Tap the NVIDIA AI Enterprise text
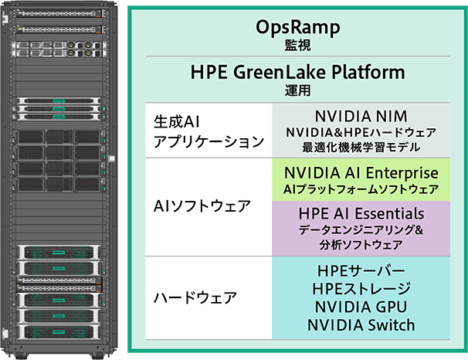coord(361,171)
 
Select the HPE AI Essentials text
coord(361,212)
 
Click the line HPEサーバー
coord(361,272)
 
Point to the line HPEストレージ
coord(361,289)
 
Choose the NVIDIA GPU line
coord(361,307)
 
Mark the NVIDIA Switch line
coord(361,324)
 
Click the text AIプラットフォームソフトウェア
coord(361,188)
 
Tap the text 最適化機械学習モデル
coord(361,145)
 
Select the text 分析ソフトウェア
coord(361,244)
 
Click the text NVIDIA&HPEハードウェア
coord(361,131)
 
